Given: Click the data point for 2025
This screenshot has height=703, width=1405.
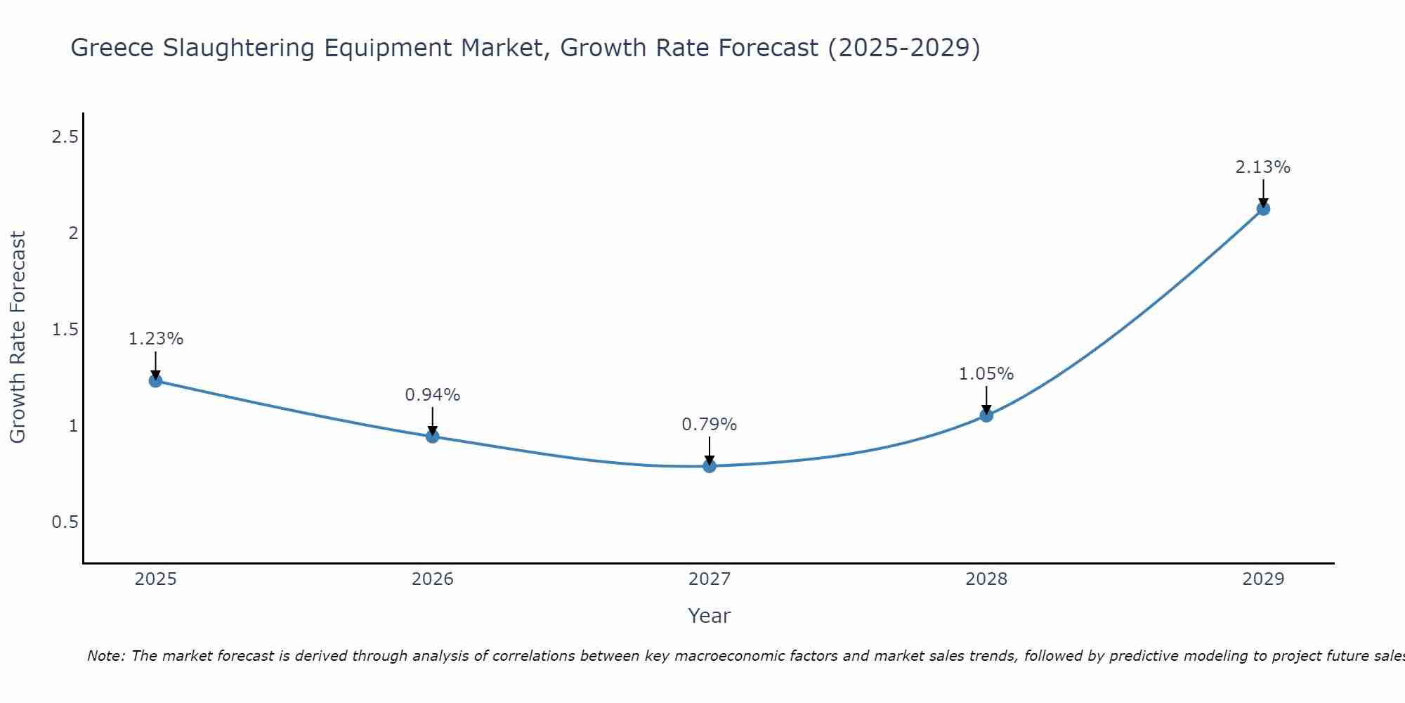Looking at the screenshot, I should tap(155, 380).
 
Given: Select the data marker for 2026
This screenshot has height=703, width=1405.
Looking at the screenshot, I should tap(432, 437).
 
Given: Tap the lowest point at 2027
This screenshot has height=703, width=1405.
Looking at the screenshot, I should tap(709, 465).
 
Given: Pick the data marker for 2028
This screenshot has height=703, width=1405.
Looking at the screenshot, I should tap(986, 415).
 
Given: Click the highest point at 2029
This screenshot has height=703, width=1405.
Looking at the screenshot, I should tap(1263, 209).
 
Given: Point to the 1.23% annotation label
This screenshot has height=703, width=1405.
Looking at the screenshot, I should tap(155, 339).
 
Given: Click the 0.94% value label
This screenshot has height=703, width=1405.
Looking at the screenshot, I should tap(432, 395).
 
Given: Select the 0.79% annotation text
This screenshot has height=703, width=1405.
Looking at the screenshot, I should tap(709, 425).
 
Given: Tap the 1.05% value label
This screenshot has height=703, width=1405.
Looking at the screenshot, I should tap(986, 374).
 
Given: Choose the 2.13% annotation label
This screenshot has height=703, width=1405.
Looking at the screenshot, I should tap(1263, 167).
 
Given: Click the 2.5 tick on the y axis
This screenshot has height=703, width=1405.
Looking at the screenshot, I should tap(65, 137).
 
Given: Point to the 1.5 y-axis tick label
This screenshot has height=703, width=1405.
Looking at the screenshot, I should tap(65, 330).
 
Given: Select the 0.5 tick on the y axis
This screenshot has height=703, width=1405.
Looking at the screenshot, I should tap(65, 522).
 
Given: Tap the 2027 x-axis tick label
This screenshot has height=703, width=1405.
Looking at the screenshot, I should tap(709, 579).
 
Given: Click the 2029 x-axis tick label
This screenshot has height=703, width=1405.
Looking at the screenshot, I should tap(1263, 579).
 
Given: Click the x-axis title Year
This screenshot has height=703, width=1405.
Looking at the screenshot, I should tap(709, 616).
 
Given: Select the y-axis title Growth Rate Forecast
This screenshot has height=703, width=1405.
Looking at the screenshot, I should tap(18, 337).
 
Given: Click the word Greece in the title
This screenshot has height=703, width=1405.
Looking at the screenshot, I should tap(112, 49).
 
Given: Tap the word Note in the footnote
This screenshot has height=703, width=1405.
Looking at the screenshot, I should tap(105, 656).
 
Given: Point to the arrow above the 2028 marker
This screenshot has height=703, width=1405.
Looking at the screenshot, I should tap(986, 399).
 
